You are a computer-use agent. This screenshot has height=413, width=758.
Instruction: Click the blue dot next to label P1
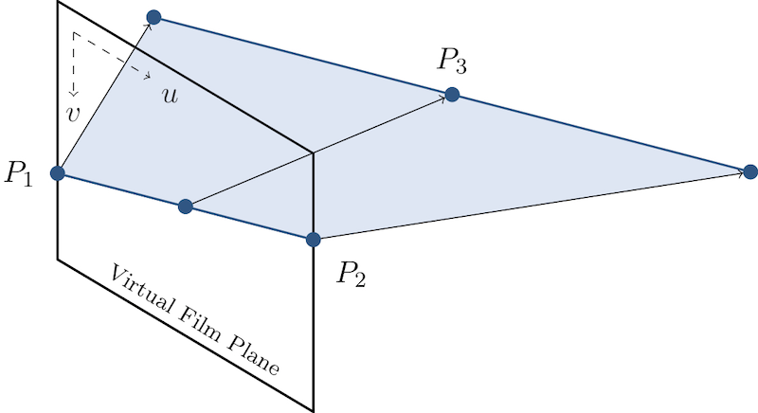(x=58, y=172)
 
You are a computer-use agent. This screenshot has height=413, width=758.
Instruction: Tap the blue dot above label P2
(x=314, y=241)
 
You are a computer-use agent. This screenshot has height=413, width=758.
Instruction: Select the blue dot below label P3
(x=452, y=95)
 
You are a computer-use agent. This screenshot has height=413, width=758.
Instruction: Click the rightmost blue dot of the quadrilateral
(x=749, y=171)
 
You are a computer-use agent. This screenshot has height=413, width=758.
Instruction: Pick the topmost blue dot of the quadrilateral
(x=153, y=17)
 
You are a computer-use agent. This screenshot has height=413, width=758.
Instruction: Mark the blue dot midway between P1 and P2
(x=186, y=206)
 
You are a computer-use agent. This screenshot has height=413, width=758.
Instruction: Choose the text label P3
(x=452, y=61)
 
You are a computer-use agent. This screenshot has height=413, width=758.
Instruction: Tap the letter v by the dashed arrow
(x=71, y=114)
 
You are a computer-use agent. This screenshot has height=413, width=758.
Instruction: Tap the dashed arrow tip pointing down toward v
(x=73, y=97)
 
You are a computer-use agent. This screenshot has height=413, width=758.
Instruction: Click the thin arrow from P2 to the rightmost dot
(x=531, y=205)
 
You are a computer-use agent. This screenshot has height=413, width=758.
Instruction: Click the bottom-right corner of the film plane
(x=314, y=410)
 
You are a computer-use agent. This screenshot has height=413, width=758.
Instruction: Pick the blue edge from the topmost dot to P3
(x=303, y=56)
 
